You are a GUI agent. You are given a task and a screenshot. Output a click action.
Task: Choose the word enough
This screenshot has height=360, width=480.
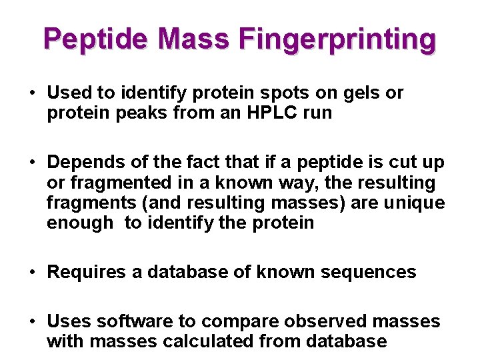click(x=80, y=222)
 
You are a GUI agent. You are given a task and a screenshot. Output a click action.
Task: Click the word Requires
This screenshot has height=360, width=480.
click(x=86, y=272)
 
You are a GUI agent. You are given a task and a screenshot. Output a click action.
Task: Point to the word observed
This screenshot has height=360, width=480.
click(x=313, y=322)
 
